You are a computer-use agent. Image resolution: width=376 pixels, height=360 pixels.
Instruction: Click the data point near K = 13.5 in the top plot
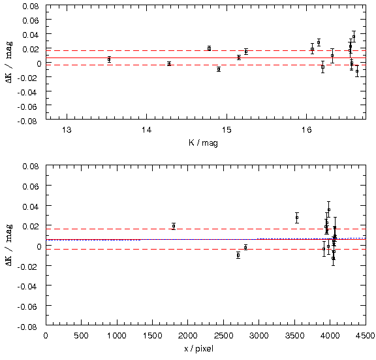coord(109,59)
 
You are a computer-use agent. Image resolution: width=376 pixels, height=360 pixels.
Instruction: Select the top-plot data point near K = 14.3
coord(169,64)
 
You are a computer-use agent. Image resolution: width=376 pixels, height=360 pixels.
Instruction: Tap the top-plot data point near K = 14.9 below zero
coord(219,69)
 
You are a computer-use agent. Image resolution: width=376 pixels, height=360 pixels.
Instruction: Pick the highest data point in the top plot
coord(354,37)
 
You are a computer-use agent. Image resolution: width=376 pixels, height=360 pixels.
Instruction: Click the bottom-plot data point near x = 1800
coord(174,226)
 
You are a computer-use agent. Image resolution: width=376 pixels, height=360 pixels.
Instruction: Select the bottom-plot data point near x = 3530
coord(297,218)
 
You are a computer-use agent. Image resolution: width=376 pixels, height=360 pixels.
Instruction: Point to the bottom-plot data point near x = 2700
coord(238,255)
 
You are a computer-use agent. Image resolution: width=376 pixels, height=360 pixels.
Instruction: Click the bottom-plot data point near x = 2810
coord(245,248)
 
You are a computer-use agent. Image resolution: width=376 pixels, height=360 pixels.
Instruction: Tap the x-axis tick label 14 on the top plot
coord(146,130)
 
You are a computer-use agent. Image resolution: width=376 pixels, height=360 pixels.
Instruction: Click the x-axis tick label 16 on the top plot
coord(306,130)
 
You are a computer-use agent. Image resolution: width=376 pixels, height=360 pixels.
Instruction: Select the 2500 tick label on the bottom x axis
coord(223,335)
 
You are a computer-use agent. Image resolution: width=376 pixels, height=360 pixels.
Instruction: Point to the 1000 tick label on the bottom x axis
coord(117,335)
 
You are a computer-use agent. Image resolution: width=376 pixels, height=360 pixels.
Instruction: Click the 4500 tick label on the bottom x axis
coord(365,335)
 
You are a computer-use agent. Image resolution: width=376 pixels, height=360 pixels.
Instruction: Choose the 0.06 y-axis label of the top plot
coord(31,20)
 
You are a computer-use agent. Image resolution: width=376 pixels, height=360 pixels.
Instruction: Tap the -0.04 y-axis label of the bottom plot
coord(27,286)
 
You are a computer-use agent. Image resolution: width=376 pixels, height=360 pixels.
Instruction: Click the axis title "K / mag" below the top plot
coord(204,143)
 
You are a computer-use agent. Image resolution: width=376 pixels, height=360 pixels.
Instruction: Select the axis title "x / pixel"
coord(199,348)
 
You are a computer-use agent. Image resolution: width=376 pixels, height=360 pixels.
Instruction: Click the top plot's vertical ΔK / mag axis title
coord(9,63)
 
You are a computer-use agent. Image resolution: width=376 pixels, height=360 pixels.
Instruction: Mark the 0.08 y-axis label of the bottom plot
coord(31,166)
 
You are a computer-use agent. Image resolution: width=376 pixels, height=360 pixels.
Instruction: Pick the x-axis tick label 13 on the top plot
coord(67,130)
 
